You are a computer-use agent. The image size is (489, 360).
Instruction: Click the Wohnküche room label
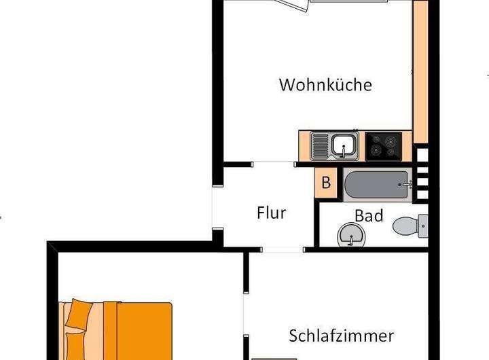(325, 86)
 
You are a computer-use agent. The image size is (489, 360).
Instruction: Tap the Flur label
(271, 213)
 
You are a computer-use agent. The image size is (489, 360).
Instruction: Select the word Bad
(369, 216)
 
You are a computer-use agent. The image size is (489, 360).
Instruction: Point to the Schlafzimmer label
(342, 336)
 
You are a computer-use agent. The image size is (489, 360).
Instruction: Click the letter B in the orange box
(326, 182)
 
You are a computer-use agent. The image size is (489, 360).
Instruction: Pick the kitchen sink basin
(345, 145)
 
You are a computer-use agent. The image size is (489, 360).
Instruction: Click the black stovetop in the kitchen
(383, 146)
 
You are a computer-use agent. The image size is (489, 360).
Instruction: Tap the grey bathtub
(376, 184)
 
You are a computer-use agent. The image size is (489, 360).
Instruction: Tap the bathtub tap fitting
(407, 184)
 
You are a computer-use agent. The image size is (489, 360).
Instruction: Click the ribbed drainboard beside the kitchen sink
(321, 145)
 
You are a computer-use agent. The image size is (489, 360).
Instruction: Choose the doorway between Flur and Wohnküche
(274, 163)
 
